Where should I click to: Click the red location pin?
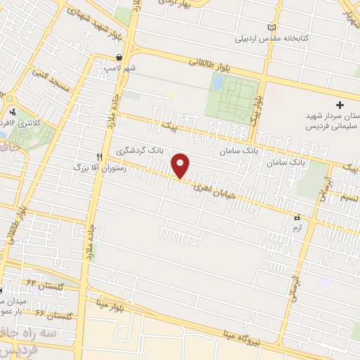pyautogui.click(x=181, y=165)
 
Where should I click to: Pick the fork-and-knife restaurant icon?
pyautogui.click(x=100, y=156)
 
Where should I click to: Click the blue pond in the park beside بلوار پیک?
pyautogui.click(x=217, y=82)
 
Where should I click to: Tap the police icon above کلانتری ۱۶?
pyautogui.click(x=13, y=111)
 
